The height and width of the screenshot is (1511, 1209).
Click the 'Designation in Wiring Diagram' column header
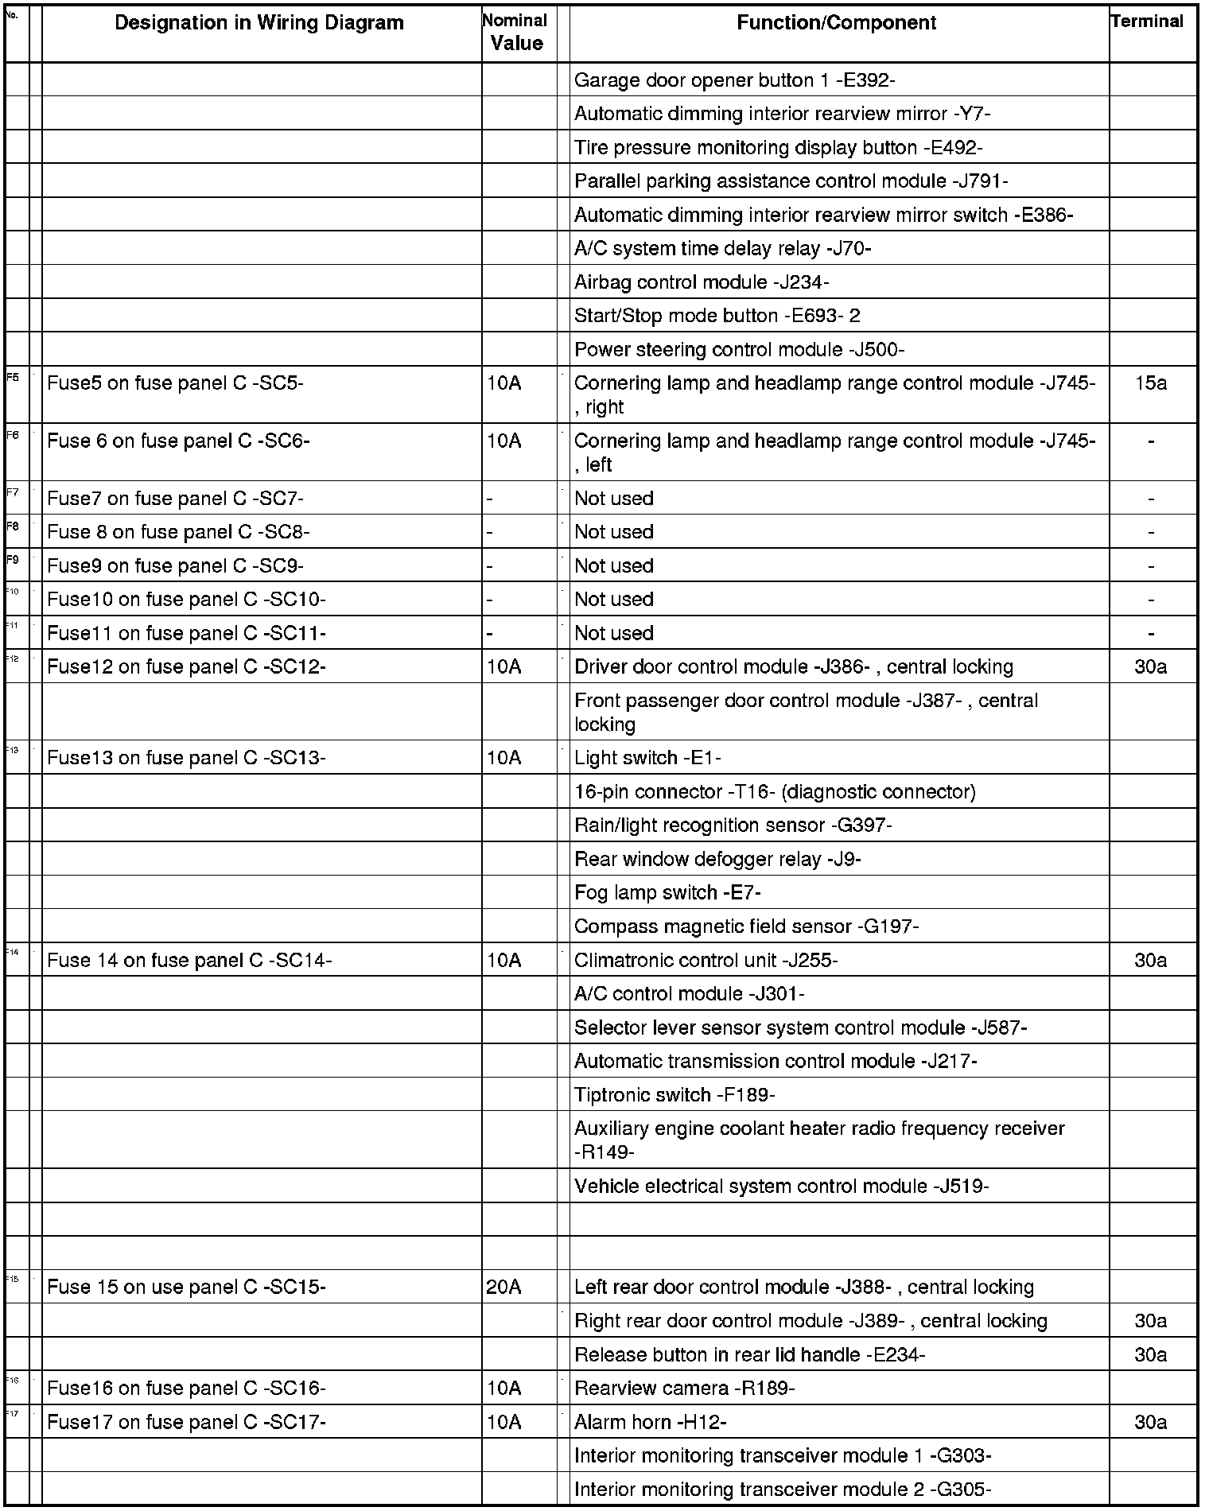pos(259,23)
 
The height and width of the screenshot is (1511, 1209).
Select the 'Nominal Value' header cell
pos(516,33)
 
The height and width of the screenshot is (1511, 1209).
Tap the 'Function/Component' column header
pos(836,23)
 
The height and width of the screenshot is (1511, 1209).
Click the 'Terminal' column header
pos(1147,21)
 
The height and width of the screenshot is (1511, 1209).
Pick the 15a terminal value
pos(1150,383)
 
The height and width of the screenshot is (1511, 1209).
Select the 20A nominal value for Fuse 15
pos(503,1288)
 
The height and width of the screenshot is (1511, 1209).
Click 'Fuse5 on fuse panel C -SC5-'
pos(175,383)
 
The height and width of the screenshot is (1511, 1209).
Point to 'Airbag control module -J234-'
pos(702,282)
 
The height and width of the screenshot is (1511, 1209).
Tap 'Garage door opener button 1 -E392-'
pos(735,80)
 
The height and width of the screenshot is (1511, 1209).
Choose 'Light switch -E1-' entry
pos(647,758)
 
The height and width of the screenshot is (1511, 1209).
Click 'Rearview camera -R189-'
pos(684,1389)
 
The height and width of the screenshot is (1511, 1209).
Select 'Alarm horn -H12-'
pos(650,1422)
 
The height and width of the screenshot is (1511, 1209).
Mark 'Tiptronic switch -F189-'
pos(674,1095)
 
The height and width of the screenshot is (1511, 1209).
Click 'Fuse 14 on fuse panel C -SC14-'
pos(189,961)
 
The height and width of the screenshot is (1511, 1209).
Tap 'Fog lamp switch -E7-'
pos(667,893)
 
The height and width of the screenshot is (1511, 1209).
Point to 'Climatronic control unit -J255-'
pos(706,961)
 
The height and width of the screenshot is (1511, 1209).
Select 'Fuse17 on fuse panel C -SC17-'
pos(186,1422)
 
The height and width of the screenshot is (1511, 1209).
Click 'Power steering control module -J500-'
pos(739,350)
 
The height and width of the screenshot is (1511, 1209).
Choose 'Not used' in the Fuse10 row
pos(613,600)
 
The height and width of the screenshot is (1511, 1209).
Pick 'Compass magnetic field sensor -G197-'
pos(746,926)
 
